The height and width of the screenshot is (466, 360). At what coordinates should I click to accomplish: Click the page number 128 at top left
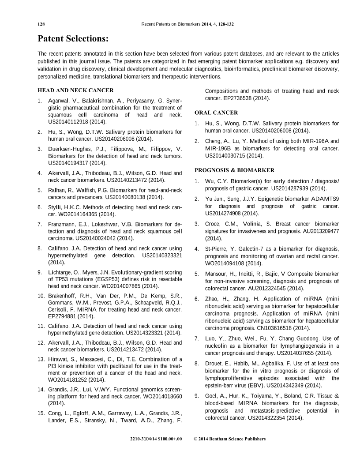click(x=41, y=24)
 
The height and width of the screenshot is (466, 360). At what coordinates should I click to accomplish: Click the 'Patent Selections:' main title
click(x=73, y=39)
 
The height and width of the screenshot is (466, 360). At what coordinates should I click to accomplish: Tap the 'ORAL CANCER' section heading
click(x=216, y=113)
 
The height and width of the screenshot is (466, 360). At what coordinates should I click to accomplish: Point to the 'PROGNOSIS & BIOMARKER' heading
click(x=234, y=170)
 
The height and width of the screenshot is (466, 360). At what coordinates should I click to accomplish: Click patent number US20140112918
click(x=70, y=121)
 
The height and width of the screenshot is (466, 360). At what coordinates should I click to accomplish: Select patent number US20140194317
click(x=70, y=163)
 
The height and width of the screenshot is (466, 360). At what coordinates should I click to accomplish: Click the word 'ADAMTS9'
click(x=325, y=199)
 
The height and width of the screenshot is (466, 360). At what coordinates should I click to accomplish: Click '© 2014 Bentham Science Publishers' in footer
click(x=229, y=439)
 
